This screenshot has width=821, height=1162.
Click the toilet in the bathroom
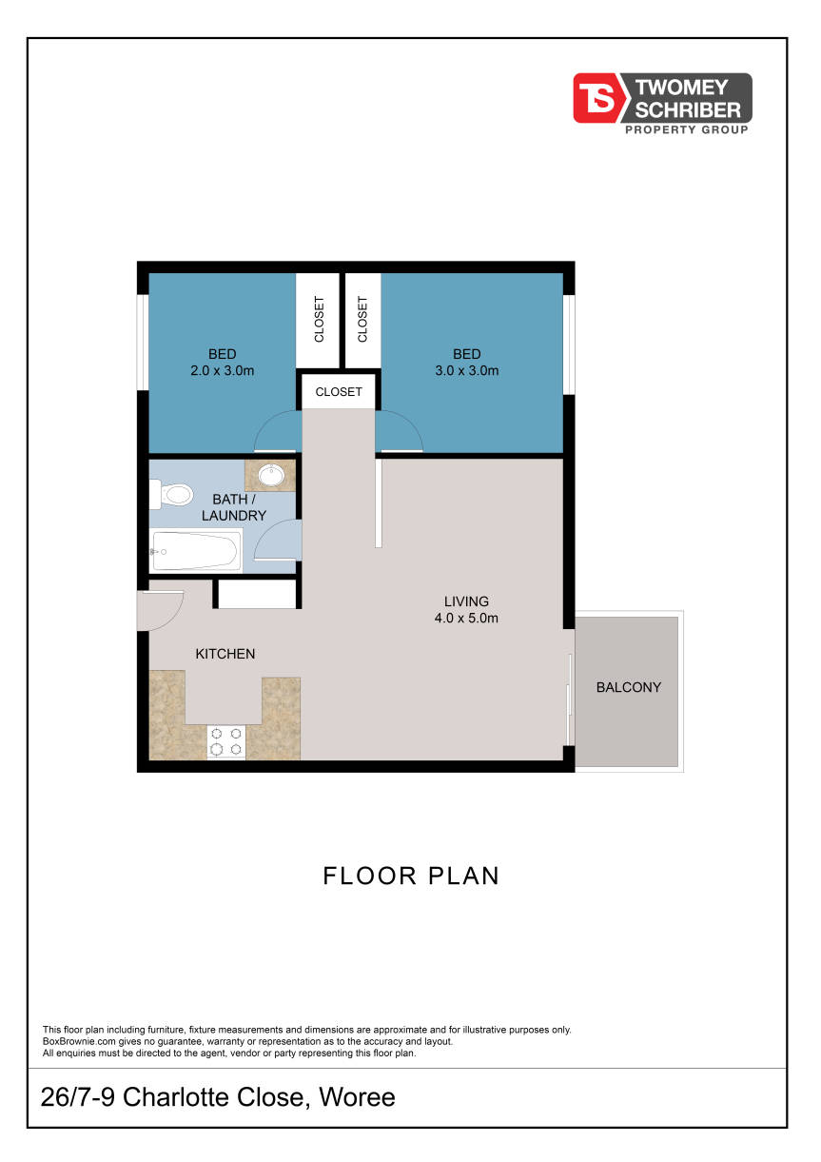tap(170, 494)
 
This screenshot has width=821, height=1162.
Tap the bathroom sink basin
tap(271, 475)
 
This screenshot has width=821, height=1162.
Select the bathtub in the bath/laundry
tap(196, 550)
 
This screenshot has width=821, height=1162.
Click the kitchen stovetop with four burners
tap(226, 741)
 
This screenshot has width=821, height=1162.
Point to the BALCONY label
tap(629, 687)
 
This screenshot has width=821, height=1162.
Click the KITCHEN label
tap(225, 654)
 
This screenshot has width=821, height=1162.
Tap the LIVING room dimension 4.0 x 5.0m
tap(466, 618)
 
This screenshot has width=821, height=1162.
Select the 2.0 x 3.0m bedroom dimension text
tap(222, 370)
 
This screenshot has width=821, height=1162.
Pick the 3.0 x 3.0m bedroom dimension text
tap(467, 370)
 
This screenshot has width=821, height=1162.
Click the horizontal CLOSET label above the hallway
tap(339, 392)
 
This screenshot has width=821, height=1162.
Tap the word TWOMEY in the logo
tap(681, 88)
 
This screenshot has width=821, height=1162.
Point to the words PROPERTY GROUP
tap(687, 129)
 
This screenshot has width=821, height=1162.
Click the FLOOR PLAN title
tap(411, 876)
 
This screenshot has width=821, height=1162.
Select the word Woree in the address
tap(357, 1096)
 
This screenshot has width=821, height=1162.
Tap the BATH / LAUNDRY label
tap(234, 507)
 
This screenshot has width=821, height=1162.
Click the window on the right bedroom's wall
tap(569, 345)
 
